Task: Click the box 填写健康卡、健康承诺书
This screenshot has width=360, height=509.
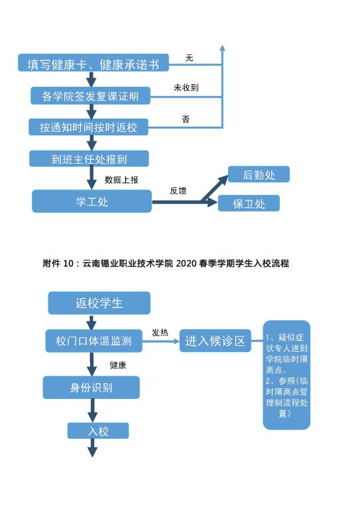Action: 93,63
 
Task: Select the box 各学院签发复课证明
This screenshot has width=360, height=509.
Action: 90,95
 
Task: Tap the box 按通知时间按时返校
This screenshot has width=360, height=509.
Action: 88,127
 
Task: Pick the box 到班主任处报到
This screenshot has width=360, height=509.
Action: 89,158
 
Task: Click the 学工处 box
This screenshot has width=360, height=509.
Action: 91,201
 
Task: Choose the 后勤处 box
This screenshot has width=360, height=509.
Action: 259,174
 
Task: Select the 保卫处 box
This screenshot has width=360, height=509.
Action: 249,203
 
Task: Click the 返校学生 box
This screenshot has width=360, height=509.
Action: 99,303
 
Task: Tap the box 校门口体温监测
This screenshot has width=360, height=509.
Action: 94,341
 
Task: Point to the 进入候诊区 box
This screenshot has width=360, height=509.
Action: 215,341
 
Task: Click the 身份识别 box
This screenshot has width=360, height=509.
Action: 91,387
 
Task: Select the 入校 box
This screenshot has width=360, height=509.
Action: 98,431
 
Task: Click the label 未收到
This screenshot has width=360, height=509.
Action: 186,87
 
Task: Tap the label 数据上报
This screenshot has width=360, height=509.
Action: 121,180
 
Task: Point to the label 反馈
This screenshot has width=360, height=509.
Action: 178,191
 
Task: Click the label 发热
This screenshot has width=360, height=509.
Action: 160,333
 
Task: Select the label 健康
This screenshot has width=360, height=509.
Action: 118,365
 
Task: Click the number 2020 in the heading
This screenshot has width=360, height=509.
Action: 186,263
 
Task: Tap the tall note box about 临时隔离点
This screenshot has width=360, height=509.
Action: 286,375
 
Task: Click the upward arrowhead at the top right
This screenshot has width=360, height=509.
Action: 222,48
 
